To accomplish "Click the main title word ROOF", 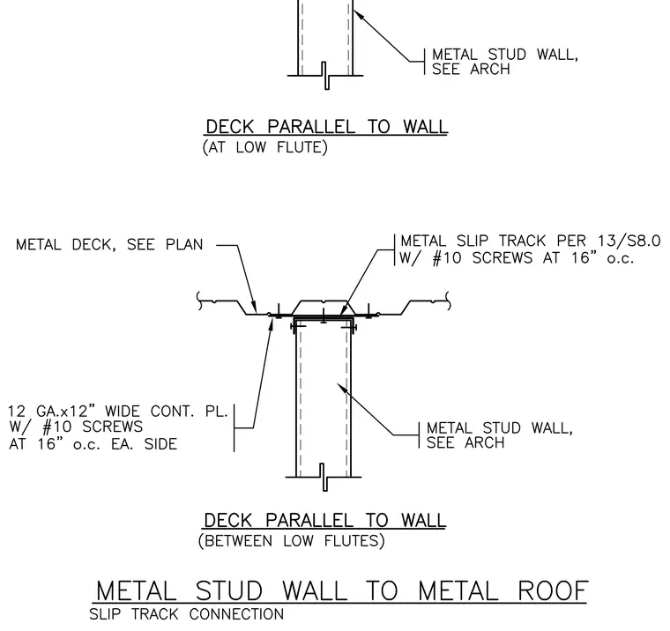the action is tap(553, 590).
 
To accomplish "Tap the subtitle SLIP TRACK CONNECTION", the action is tap(187, 614).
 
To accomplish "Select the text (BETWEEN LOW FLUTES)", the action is tap(292, 541).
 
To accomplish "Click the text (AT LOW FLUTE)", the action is tap(265, 147).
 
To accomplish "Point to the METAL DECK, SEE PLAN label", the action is tap(109, 245).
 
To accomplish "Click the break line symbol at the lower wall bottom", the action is tap(324, 477).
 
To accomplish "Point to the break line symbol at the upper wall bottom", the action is tap(325, 76).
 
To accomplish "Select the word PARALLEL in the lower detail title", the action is tap(309, 520).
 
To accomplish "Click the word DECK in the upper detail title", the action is tap(230, 127).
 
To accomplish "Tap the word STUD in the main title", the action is tap(229, 590).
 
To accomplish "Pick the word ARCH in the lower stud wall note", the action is tap(485, 442).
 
